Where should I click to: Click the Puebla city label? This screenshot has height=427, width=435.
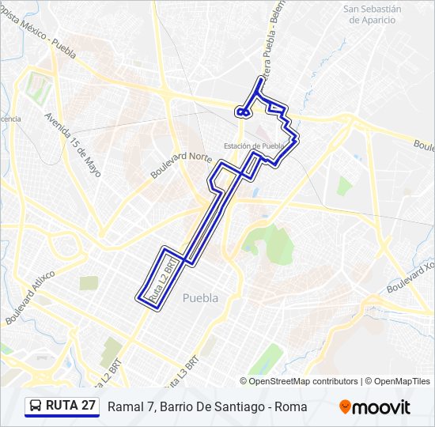[199, 297]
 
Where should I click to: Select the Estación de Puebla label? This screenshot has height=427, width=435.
[253, 145]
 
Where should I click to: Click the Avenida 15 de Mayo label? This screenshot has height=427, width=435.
[74, 142]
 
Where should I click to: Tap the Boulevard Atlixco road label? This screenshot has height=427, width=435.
[29, 297]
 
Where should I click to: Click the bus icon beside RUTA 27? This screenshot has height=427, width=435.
[36, 406]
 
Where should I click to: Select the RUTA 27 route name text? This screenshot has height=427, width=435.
[71, 406]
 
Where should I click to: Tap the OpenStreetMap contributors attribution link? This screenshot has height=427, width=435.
[304, 381]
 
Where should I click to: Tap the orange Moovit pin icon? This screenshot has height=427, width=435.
[345, 407]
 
